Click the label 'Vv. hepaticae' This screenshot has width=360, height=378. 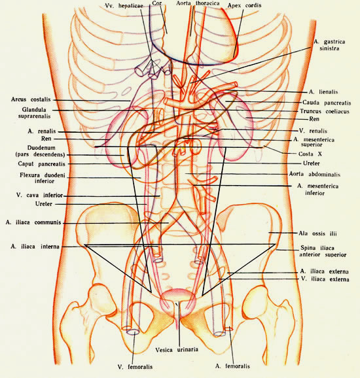pyautogui.click(x=124, y=6)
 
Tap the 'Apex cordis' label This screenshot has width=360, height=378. pyautogui.click(x=244, y=5)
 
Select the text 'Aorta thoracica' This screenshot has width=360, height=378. pyautogui.click(x=198, y=3)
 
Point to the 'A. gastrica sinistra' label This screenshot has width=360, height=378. pyautogui.click(x=329, y=45)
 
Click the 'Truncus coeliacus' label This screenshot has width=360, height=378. pyautogui.click(x=325, y=111)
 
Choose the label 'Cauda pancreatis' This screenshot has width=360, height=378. pyautogui.click(x=327, y=103)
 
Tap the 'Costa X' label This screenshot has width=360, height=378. pyautogui.click(x=310, y=154)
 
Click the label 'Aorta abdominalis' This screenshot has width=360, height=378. pyautogui.click(x=315, y=174)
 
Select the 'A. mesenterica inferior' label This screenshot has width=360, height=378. pyautogui.click(x=317, y=190)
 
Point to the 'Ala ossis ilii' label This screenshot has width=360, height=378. pyautogui.click(x=317, y=233)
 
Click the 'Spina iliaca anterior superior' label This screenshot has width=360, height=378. pyautogui.click(x=323, y=251)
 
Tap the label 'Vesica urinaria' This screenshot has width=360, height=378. pyautogui.click(x=177, y=350)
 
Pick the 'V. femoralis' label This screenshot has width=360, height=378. pyautogui.click(x=135, y=367)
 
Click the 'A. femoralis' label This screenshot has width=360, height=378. pyautogui.click(x=232, y=366)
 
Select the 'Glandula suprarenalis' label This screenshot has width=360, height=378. pyautogui.click(x=35, y=113)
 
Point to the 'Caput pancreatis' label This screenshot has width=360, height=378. pyautogui.click(x=41, y=164)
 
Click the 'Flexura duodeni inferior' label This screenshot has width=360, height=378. pyautogui.click(x=43, y=178)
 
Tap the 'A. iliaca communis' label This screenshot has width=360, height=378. pyautogui.click(x=33, y=222)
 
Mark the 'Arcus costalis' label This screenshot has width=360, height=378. pyautogui.click(x=31, y=99)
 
